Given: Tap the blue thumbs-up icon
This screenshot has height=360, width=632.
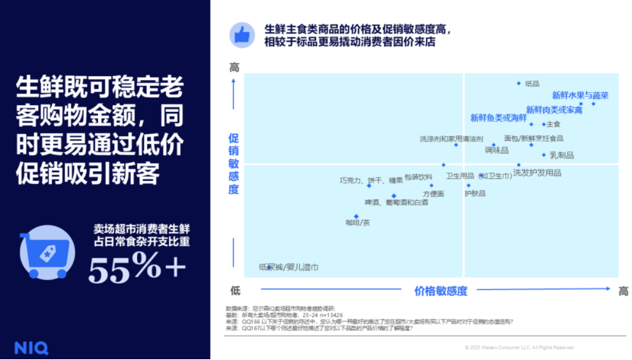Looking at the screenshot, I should (x=243, y=34).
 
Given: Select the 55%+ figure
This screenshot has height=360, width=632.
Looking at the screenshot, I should (x=137, y=267).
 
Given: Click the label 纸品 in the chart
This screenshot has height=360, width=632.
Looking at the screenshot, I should (x=532, y=84).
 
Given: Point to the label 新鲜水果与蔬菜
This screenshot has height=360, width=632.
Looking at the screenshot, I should (x=580, y=96).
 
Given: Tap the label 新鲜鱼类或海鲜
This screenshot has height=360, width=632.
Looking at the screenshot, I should (x=498, y=118).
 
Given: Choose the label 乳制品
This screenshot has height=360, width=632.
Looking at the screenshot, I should (x=561, y=155).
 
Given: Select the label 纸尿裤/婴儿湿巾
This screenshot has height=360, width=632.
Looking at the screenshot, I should (x=289, y=267).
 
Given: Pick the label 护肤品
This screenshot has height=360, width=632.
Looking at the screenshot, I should (x=475, y=193).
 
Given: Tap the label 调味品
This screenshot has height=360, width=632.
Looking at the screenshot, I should (x=496, y=149).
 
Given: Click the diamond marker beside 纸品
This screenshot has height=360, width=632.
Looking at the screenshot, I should (x=519, y=84).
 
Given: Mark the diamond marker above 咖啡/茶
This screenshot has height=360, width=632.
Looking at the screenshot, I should (x=356, y=215).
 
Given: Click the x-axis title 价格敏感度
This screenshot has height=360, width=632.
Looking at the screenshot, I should (x=441, y=292).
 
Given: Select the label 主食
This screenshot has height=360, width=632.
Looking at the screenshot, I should (x=554, y=124).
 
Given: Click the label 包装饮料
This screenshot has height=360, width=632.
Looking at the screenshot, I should (x=418, y=177).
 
